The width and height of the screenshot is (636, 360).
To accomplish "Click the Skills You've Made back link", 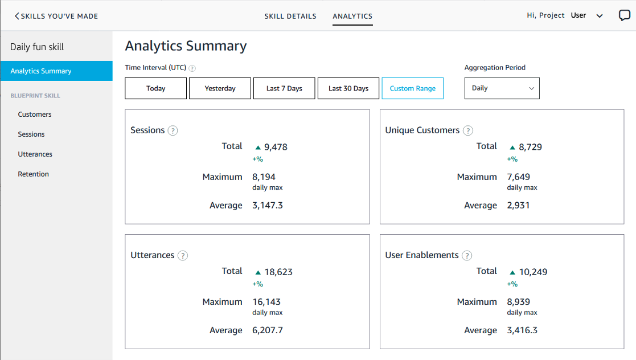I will coord(56,16).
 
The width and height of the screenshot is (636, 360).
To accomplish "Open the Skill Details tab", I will coord(290,16).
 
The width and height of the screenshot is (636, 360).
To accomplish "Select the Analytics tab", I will coord(352,16).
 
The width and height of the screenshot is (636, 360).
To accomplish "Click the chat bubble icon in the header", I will coord(624,16).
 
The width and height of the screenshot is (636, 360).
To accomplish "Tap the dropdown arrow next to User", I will coord(599,16).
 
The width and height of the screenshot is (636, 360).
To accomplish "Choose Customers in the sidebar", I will coord(35,114).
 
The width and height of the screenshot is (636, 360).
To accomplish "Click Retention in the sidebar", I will coord(33,174).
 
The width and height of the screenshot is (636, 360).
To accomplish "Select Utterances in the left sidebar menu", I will coord(35,154).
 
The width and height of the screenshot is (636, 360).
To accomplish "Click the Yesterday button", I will coord(220,88).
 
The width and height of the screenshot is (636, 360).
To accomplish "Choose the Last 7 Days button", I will coord(284,88).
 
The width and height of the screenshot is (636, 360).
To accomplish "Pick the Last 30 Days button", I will coord(348,88).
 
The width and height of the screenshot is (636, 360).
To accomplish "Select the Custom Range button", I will coord(412,88).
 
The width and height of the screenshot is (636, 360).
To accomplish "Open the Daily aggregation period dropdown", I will coord(502,88).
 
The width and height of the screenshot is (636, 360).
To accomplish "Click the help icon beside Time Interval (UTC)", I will coord(192,68).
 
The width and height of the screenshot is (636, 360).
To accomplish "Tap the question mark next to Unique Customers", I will coord(468,130).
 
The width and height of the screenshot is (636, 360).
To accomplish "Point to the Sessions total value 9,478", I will coord(276,147).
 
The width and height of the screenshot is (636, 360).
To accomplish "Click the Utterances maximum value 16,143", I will coord(266,302).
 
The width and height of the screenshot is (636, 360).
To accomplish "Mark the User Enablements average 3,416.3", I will coord(522,330).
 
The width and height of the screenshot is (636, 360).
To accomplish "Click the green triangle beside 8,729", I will coord(512,148).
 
